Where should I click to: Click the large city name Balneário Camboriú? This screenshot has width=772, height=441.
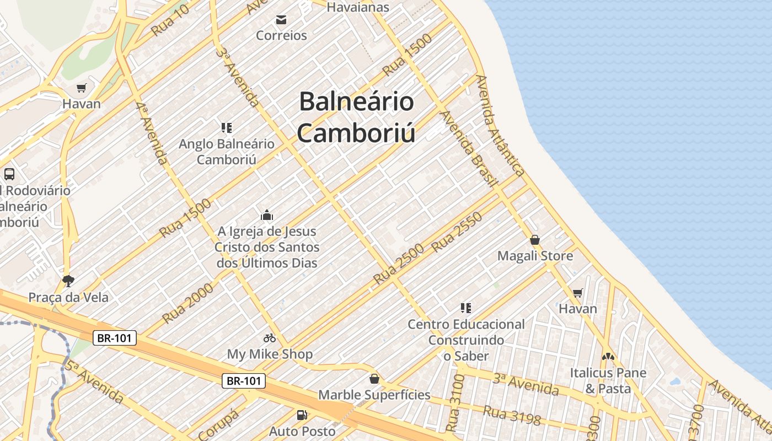(x=356, y=117)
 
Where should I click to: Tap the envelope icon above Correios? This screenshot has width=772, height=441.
(x=281, y=20)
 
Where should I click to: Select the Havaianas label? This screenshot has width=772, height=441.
(x=358, y=7)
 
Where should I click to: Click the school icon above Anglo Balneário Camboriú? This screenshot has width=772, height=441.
(x=226, y=128)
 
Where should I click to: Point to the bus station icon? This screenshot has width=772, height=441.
(x=9, y=174)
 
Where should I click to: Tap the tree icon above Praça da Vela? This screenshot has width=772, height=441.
(x=68, y=281)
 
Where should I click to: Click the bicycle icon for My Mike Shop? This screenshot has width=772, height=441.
(x=270, y=338)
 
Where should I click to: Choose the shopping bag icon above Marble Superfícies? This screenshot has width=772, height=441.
(x=374, y=379)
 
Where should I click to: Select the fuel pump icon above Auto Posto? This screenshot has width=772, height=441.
(x=302, y=415)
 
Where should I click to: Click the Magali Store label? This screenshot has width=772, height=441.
(x=535, y=256)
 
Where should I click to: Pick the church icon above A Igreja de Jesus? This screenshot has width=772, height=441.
(x=267, y=215)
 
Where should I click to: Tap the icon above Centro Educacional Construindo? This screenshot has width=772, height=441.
(x=466, y=308)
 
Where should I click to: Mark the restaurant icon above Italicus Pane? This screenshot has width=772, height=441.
(x=608, y=357)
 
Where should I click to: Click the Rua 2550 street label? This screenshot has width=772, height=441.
(x=457, y=232)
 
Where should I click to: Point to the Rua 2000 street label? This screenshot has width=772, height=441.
(x=187, y=303)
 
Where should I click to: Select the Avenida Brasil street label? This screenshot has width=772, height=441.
(x=469, y=149)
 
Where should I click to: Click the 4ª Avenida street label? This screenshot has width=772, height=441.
(x=151, y=133)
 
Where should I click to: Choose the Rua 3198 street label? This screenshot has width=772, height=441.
(x=512, y=415)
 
